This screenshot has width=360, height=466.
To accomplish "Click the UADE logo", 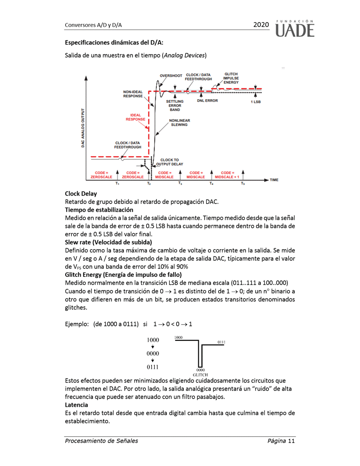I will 295,28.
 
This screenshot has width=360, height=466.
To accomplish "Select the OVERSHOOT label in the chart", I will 171,76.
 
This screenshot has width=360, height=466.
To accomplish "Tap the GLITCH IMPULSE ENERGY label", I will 231,78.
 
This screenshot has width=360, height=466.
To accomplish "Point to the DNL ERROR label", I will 207,101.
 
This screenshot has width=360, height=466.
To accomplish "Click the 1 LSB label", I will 256,102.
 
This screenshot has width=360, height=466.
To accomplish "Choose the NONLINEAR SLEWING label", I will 178,122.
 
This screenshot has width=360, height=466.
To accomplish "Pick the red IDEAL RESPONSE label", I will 135,117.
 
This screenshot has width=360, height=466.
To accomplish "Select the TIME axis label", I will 274,180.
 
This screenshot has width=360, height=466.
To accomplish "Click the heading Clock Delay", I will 81,194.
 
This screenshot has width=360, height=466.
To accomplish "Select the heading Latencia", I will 76,404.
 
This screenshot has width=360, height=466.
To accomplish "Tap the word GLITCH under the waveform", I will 200,375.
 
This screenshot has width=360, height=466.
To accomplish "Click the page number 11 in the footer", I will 291,441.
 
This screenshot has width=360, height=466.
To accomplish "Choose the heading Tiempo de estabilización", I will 99,210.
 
